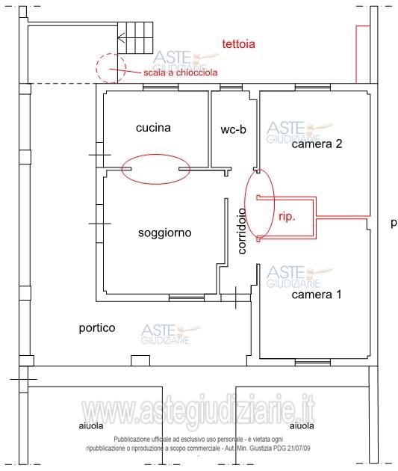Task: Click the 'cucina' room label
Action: click(153, 128)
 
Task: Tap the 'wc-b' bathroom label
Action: click(233, 129)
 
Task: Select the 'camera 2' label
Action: click(317, 144)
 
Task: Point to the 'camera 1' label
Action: click(317, 295)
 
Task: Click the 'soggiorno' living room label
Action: click(165, 233)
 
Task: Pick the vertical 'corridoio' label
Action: click(242, 231)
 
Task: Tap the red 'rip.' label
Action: click(287, 217)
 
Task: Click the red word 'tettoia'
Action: click(238, 44)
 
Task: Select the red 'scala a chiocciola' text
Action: click(181, 73)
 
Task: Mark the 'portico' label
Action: click(97, 327)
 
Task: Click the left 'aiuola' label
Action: click(91, 425)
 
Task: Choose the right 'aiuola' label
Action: click(302, 425)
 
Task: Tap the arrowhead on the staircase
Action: click(121, 38)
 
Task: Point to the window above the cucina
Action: click(161, 87)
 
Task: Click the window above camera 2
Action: click(313, 87)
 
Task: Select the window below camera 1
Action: click(313, 363)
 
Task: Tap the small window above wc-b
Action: click(231, 87)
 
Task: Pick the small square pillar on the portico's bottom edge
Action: click(140, 360)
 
